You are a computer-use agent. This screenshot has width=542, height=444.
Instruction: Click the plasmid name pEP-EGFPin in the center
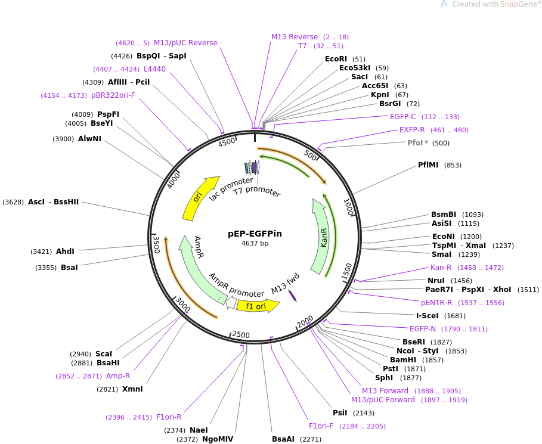click(255, 234)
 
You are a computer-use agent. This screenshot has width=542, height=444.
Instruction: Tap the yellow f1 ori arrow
click(258, 306)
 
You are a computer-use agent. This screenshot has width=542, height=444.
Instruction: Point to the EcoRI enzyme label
click(336, 59)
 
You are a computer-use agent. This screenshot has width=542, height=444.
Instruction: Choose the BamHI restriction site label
click(402, 360)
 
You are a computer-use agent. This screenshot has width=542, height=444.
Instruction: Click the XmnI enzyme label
click(132, 389)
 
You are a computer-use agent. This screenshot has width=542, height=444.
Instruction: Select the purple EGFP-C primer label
click(402, 117)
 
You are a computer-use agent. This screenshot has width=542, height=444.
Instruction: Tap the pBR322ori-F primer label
click(113, 95)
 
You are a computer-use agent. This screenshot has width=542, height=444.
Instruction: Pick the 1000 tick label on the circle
click(349, 207)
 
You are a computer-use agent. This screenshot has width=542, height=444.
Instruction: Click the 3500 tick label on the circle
click(157, 244)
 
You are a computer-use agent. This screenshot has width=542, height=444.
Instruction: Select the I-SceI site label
click(428, 316)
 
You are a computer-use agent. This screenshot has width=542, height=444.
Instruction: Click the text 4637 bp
click(255, 243)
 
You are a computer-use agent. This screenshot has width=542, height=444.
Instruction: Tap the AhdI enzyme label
click(65, 251)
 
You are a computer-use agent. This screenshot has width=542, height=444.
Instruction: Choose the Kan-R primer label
click(441, 268)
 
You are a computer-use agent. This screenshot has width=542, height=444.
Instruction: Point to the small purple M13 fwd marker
click(293, 296)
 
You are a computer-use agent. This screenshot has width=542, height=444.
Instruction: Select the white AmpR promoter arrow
click(231, 303)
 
